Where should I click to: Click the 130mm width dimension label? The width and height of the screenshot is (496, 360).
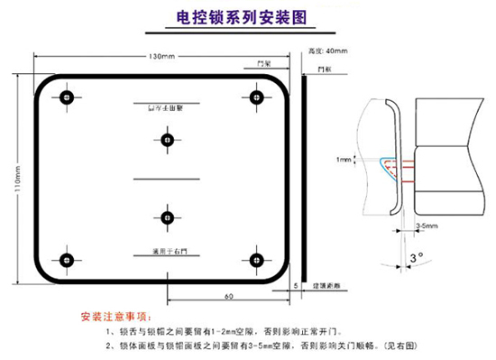point(161,57)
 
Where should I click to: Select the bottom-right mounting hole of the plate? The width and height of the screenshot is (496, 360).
point(257,260)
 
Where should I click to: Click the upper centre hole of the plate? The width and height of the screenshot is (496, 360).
point(166,139)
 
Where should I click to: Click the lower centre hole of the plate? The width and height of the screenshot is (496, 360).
point(166,217)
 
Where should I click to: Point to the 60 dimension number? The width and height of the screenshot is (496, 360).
point(228,295)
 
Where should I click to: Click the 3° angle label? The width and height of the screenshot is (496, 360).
point(416,258)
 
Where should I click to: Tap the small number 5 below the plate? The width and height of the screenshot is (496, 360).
point(296,284)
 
